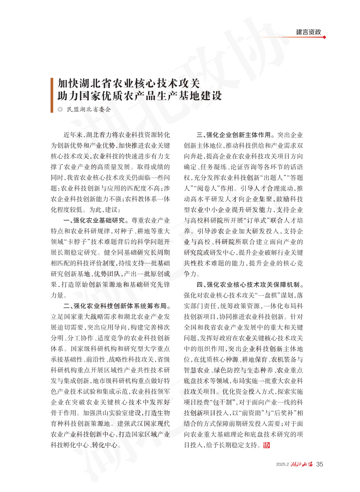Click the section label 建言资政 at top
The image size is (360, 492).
(309, 32)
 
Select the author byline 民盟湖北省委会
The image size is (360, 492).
(89, 109)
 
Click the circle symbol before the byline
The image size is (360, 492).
(60, 109)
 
